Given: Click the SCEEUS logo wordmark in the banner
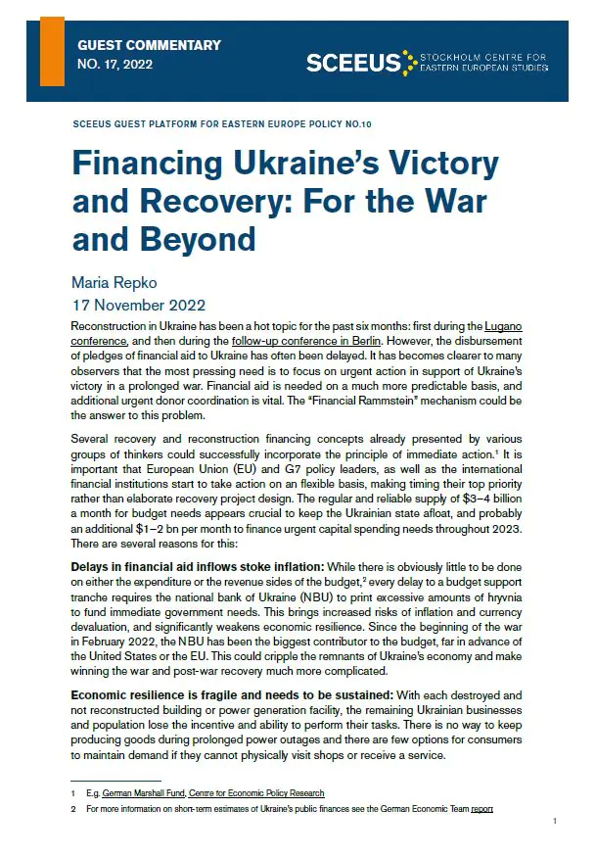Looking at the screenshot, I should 353,63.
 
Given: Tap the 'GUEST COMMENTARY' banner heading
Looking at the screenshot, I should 149,45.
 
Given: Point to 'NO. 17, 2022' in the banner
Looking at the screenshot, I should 115,66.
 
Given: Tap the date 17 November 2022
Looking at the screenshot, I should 139,305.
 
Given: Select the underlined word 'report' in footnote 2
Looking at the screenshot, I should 481,809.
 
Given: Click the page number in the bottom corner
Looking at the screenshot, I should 555,822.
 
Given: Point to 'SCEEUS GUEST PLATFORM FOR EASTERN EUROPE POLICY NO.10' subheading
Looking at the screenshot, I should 222,125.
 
